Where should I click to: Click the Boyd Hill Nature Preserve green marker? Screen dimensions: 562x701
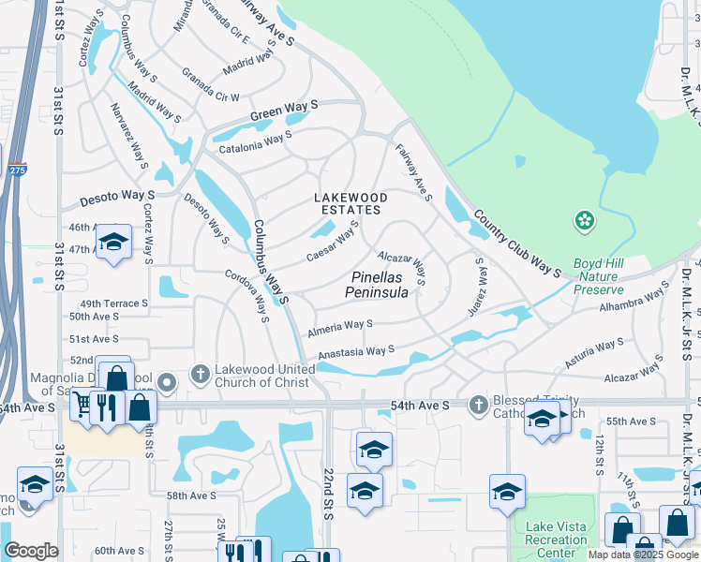(586, 221)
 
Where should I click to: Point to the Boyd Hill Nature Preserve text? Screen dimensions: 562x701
(597, 276)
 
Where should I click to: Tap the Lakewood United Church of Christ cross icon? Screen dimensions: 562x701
(199, 375)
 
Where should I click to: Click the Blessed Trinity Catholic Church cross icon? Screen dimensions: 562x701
(478, 405)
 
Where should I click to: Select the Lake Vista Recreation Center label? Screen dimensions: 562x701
(557, 540)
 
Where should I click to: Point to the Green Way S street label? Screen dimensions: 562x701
(283, 114)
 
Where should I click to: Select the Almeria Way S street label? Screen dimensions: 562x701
(339, 328)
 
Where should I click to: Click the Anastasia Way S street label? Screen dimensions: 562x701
(356, 352)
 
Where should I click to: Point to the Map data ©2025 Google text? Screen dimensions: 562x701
(644, 555)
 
